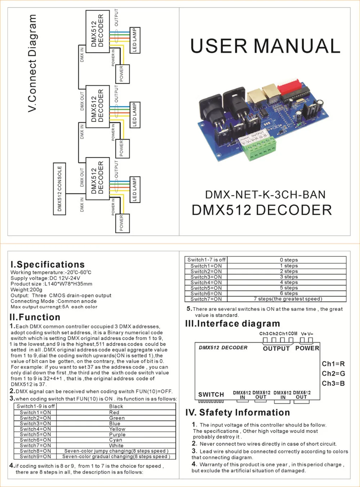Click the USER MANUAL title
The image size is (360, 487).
tap(265, 46)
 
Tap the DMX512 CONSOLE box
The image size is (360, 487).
tap(59, 189)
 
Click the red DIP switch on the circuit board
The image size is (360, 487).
tap(292, 89)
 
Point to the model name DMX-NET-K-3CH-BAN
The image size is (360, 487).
tap(265, 195)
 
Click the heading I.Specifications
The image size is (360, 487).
tap(48, 264)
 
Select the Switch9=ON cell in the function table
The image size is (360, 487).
tap(35, 456)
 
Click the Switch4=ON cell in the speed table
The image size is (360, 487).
tap(206, 282)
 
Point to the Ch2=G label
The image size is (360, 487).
tap(333, 374)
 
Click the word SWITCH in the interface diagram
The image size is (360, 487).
tap(211, 394)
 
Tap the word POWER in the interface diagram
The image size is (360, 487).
tap(307, 348)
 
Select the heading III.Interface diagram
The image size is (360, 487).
tap(232, 323)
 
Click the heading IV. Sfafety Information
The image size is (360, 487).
tap(238, 412)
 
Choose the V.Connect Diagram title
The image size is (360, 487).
tap(32, 63)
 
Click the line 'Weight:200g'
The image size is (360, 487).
tap(26, 290)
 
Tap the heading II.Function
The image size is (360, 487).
tap(35, 317)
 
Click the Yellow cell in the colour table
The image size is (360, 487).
tap(117, 429)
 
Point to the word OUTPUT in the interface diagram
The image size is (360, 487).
tap(276, 348)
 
